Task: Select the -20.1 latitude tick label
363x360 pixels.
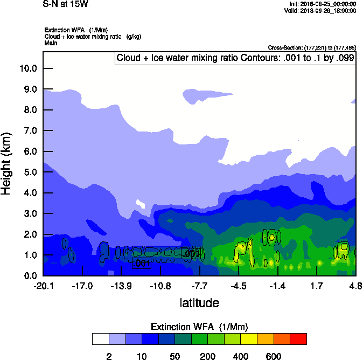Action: click(x=43, y=286)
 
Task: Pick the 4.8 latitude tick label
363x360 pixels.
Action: click(x=355, y=286)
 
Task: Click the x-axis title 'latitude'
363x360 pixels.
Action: click(x=199, y=303)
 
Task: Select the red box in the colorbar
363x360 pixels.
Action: click(x=298, y=339)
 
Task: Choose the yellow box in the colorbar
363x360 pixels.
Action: click(x=249, y=339)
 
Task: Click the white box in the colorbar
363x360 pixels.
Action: click(x=100, y=339)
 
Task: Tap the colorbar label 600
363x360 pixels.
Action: click(x=274, y=356)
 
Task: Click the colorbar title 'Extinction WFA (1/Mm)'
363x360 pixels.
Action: click(x=199, y=327)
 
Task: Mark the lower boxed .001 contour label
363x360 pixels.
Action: click(x=141, y=264)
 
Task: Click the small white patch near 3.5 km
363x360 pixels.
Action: click(x=141, y=204)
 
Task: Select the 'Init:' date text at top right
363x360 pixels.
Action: click(x=321, y=4)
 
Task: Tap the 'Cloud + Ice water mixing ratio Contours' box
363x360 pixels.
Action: click(x=235, y=58)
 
